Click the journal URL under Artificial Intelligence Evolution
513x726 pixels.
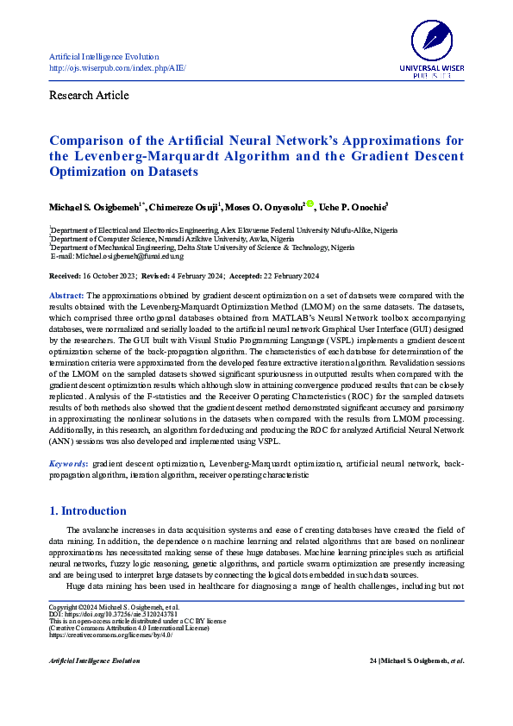pos(117,68)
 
